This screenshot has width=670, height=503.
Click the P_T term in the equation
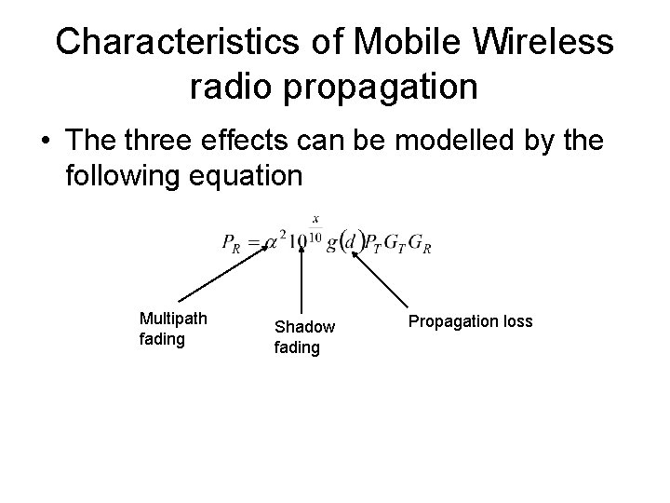click(x=375, y=244)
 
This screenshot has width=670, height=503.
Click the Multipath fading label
click(x=172, y=329)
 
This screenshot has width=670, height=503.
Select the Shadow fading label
click(x=303, y=337)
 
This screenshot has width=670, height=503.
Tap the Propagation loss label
click(x=470, y=321)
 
